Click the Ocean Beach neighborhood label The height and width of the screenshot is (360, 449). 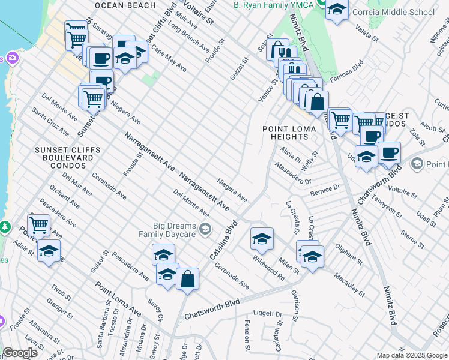coord(125,5)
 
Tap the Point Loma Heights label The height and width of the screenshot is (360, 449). coord(285,133)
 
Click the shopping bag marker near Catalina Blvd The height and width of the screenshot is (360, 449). coord(187,280)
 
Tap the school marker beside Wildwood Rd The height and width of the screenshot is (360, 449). coord(262,239)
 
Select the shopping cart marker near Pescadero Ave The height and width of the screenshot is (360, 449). coord(38,225)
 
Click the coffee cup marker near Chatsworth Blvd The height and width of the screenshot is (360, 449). coord(389,152)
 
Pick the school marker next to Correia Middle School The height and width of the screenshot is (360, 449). coord(337,10)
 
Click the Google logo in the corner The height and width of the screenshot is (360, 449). coord(20,353)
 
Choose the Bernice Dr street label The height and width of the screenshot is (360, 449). coord(325,191)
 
